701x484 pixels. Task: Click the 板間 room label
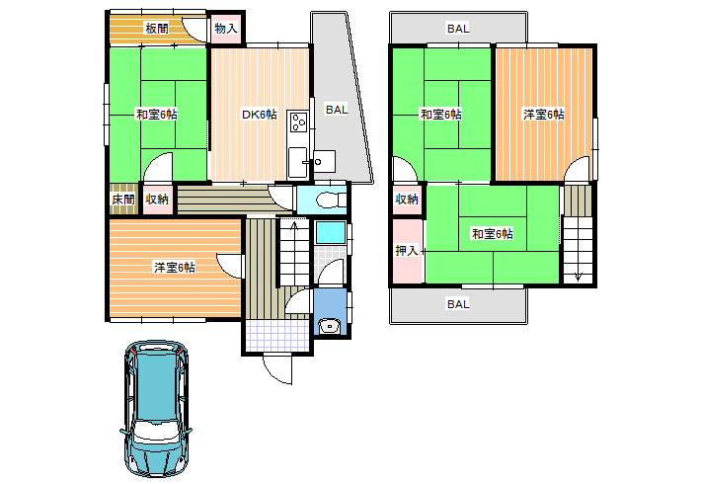(157, 29)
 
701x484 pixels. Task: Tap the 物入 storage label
(226, 29)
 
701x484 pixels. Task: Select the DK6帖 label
(260, 115)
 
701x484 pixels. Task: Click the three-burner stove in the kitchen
(298, 122)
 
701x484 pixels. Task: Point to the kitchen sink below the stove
(296, 162)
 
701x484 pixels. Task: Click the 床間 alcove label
(123, 200)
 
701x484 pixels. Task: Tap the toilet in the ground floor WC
(330, 200)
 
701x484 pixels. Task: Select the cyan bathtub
(331, 232)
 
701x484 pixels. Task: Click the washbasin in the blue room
(331, 326)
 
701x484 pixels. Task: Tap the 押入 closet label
(407, 251)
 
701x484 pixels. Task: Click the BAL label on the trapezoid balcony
(337, 110)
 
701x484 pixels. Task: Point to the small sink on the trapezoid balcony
(324, 161)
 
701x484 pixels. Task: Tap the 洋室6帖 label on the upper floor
(544, 115)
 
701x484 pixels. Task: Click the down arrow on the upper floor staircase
(578, 277)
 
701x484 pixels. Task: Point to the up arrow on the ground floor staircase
(294, 227)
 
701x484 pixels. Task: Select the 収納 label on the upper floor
(407, 200)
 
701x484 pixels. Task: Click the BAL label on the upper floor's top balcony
(458, 29)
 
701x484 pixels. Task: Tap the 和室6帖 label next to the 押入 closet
(493, 233)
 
